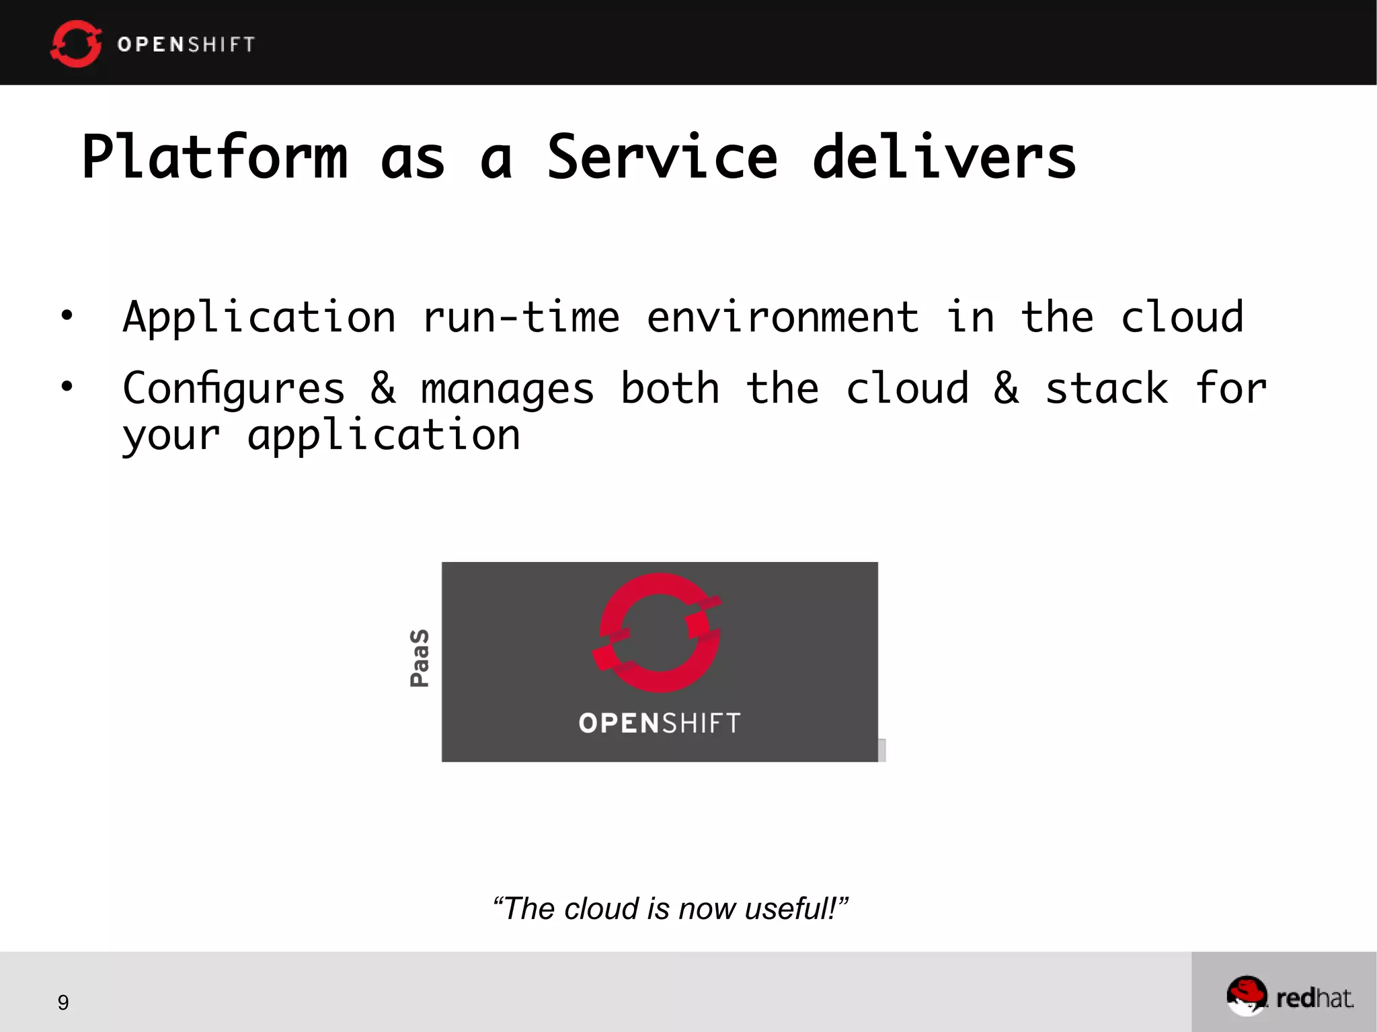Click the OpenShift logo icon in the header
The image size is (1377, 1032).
(76, 44)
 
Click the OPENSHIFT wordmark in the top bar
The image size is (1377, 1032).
(186, 44)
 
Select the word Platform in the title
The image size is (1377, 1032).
(215, 157)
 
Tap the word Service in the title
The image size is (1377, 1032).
(662, 157)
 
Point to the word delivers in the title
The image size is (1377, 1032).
(944, 157)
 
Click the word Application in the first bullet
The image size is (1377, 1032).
(260, 317)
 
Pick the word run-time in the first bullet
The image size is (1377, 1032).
(521, 317)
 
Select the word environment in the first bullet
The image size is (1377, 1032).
(783, 317)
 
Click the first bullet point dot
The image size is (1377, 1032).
(67, 315)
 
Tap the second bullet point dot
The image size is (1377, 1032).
(67, 386)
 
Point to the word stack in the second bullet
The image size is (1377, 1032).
(1107, 389)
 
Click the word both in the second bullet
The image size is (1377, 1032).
(670, 388)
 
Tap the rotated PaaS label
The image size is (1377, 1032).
(420, 658)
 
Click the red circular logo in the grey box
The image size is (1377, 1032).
(658, 633)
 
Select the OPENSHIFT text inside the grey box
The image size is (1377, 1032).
(659, 723)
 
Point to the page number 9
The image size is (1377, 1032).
(63, 1002)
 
